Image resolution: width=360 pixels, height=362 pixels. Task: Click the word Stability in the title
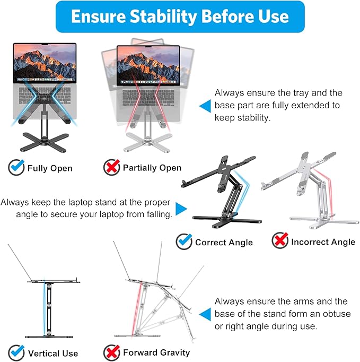(163, 16)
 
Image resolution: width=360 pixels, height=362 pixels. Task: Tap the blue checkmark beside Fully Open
(16, 167)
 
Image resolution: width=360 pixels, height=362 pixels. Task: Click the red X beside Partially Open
(112, 167)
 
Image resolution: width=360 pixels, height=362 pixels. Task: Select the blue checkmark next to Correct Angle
(184, 242)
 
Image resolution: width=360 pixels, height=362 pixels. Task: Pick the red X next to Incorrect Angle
(280, 240)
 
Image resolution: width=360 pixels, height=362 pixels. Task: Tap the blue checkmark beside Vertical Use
(16, 352)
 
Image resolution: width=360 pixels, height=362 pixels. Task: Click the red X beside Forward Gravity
(112, 352)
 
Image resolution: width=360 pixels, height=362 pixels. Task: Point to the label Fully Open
(50, 168)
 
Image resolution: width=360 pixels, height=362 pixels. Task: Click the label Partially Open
(152, 168)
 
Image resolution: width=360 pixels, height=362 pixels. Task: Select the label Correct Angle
(224, 243)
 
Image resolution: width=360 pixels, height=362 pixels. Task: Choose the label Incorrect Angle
(323, 242)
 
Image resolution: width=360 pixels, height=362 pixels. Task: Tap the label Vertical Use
(53, 354)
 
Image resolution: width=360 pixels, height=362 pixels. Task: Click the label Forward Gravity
(156, 352)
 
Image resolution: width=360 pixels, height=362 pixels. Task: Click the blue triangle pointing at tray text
(205, 106)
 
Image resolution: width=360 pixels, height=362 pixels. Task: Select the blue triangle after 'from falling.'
(181, 209)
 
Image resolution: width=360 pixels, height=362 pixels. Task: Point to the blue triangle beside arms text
(205, 314)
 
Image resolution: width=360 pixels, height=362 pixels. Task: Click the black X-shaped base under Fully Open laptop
(45, 142)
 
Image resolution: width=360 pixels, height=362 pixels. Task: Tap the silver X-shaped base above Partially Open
(147, 142)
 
